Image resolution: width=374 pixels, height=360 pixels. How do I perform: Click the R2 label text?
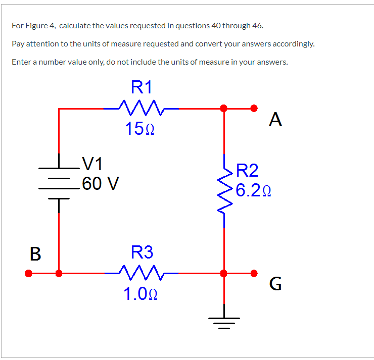247,171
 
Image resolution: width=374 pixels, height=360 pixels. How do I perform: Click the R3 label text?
142,251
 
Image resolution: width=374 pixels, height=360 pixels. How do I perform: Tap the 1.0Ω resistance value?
141,294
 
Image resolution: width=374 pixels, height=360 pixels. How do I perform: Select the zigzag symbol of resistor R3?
141,273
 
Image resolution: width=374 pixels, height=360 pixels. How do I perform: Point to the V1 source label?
92,163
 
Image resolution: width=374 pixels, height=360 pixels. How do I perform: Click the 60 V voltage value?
100,183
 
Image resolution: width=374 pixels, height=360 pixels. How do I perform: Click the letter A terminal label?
275,119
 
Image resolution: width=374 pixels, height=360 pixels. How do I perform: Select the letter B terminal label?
35,253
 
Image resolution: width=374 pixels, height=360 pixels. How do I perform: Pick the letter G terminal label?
275,285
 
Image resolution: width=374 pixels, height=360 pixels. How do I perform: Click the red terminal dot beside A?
255,108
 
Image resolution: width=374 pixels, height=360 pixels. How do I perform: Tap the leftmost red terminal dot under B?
29,274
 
